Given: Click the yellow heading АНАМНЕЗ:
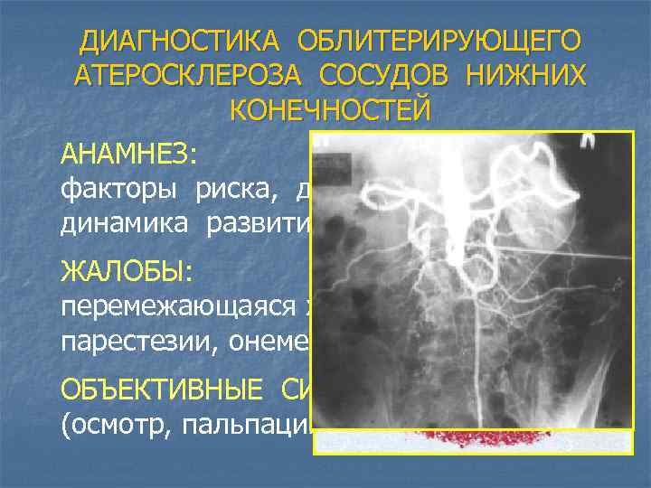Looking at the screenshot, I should click(x=126, y=154).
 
